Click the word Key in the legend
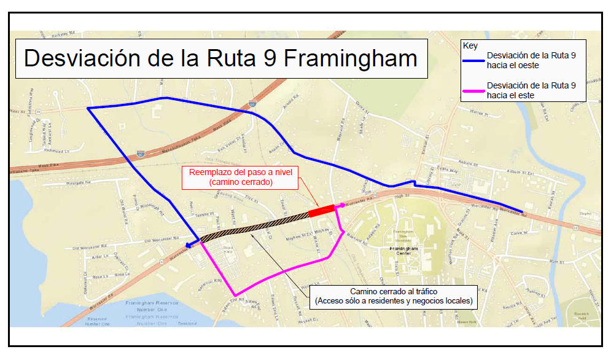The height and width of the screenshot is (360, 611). pos(470,46)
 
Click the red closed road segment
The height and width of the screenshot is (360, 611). pos(321,211)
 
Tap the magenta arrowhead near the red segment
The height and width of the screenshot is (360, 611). pos(341,205)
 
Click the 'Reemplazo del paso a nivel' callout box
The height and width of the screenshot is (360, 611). pos(239,177)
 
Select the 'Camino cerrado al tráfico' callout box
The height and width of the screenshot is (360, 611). pos(394,296)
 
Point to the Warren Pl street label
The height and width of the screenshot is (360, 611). pos(477,112)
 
